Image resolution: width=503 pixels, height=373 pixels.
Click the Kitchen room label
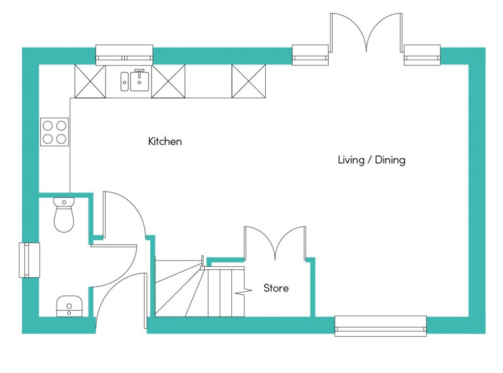coord(165,141)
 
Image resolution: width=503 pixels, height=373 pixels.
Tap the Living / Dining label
coord(371,160)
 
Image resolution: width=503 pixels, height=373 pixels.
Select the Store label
coord(276,288)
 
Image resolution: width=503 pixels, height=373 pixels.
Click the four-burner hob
coord(55,132)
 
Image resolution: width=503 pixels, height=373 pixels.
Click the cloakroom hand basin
coord(69,306)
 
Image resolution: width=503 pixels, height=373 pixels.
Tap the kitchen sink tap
coord(140,73)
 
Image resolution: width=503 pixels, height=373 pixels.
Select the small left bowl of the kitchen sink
coord(124,82)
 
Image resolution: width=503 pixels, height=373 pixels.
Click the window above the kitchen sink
coord(124,55)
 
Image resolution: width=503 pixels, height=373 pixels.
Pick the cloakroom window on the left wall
coord(29,260)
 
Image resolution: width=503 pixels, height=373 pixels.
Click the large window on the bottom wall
coord(381,326)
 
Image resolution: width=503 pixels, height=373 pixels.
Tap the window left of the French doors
coord(310,55)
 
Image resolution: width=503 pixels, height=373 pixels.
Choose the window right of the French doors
coord(422,55)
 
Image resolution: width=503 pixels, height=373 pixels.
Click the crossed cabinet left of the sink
coord(90,81)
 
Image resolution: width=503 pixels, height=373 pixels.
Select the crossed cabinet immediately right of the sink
coord(168,81)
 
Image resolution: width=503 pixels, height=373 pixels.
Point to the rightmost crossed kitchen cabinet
coord(249,81)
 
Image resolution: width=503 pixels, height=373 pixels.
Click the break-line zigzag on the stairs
coord(243,291)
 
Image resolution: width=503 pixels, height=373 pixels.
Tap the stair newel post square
coord(202,268)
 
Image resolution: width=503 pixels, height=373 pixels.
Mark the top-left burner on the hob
coord(48,125)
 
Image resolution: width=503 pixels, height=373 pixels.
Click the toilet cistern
coord(64,202)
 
